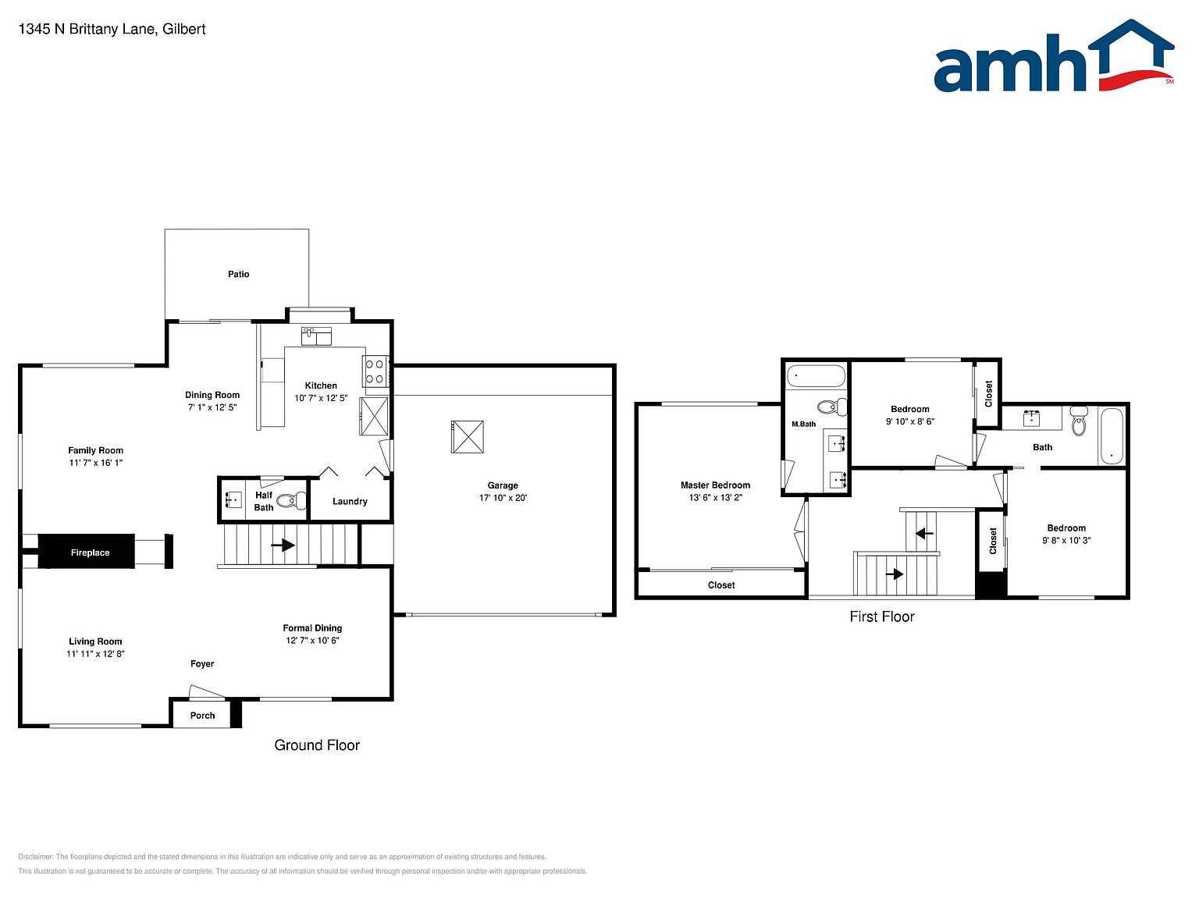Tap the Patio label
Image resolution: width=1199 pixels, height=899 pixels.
238,274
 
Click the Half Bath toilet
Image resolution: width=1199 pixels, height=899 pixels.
291,500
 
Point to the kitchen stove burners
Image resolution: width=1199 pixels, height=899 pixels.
374,371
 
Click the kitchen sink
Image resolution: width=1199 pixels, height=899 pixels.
315,336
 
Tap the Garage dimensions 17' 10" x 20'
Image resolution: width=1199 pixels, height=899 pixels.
503,498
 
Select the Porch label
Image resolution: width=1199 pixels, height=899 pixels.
202,715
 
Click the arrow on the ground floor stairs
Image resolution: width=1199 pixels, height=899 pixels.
283,545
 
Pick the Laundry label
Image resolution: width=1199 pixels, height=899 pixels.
350,501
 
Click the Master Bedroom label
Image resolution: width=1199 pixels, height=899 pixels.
715,485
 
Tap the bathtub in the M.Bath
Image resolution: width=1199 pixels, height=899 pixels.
816,376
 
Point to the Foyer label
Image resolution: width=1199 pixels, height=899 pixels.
202,664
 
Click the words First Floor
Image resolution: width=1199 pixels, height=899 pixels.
881,617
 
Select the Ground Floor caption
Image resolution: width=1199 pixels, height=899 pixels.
317,745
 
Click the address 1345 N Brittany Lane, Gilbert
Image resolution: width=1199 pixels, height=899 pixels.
112,29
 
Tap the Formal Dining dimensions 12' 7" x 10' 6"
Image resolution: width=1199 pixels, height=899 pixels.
312,640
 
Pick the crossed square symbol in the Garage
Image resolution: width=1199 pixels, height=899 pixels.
467,437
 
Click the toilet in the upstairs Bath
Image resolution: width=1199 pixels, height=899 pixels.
1079,421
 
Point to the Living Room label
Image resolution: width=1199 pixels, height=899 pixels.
95,641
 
